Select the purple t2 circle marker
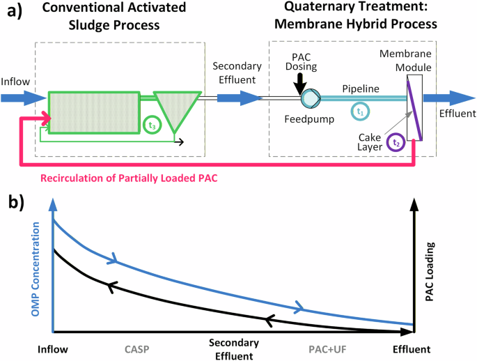pos(396,143)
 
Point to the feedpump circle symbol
pos(309,99)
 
